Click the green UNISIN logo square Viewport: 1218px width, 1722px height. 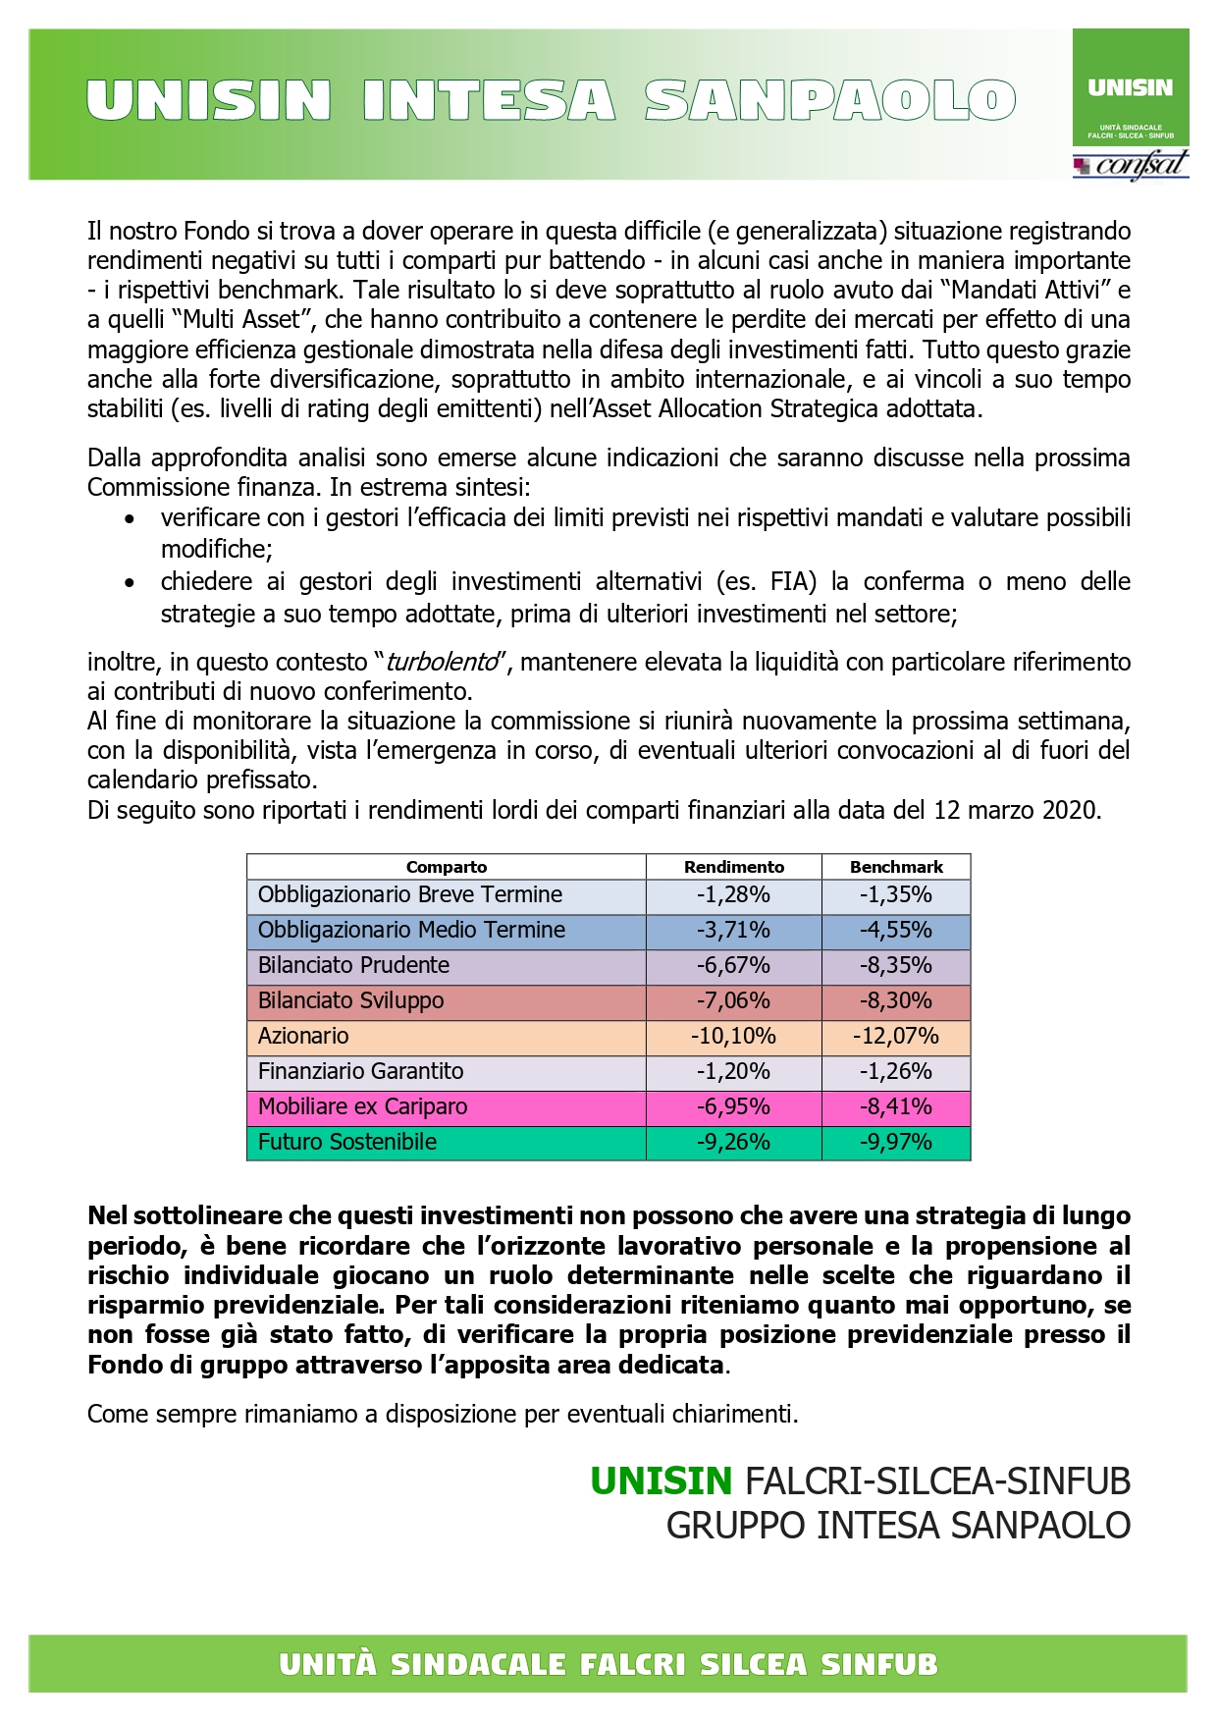(1130, 89)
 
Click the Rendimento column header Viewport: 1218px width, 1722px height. (733, 867)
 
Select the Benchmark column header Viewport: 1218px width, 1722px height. (896, 867)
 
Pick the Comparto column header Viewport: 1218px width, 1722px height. (447, 867)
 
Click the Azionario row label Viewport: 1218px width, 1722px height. (303, 1036)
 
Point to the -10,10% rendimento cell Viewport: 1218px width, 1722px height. (733, 1036)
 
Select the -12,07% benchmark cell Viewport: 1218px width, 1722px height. (896, 1036)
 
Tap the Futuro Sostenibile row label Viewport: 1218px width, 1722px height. (347, 1142)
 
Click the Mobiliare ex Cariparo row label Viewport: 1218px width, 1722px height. (362, 1106)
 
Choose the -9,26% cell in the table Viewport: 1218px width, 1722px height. (733, 1142)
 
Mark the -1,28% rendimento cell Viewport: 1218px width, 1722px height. (733, 894)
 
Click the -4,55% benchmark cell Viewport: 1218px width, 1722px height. (896, 930)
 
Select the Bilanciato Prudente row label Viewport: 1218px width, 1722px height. (353, 965)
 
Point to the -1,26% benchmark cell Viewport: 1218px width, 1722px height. (896, 1071)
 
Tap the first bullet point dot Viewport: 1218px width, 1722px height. (129, 518)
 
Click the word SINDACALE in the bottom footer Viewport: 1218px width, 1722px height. (479, 1665)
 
